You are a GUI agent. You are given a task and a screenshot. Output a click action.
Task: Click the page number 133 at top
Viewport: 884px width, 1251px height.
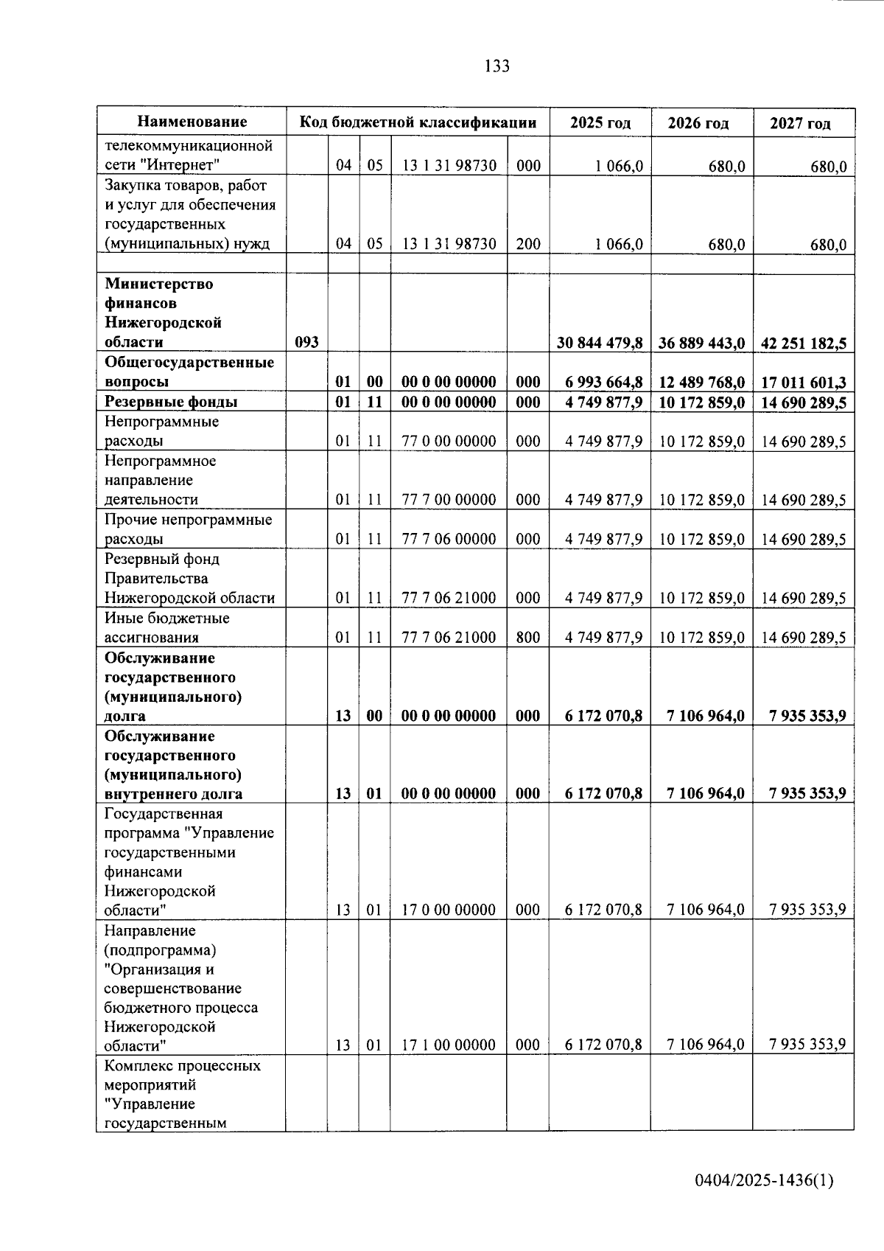pyautogui.click(x=497, y=66)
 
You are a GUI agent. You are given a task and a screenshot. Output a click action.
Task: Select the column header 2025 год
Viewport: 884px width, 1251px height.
pyautogui.click(x=600, y=122)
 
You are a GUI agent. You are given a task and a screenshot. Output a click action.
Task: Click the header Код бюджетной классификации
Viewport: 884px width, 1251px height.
pyautogui.click(x=418, y=122)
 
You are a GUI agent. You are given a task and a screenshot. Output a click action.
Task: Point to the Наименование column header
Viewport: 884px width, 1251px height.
pyautogui.click(x=192, y=122)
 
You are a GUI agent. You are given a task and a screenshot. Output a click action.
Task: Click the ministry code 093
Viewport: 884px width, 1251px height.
pyautogui.click(x=306, y=342)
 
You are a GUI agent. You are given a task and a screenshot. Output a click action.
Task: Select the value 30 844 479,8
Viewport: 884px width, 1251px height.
pyautogui.click(x=600, y=343)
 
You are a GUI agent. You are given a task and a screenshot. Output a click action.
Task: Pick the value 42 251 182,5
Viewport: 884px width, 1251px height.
pyautogui.click(x=804, y=343)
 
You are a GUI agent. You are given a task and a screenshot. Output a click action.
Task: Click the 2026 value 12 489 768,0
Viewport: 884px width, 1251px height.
pyautogui.click(x=702, y=382)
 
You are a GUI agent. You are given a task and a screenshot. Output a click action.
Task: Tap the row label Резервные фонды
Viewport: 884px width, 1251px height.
pyautogui.click(x=171, y=402)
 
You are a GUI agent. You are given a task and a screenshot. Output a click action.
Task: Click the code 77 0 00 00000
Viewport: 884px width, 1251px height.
pyautogui.click(x=449, y=441)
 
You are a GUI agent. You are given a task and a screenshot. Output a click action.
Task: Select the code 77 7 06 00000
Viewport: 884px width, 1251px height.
pyautogui.click(x=449, y=539)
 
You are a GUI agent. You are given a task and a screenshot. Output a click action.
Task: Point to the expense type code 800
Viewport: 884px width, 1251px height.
pyautogui.click(x=528, y=637)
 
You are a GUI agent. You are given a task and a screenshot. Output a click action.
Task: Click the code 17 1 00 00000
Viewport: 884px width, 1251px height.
pyautogui.click(x=449, y=1045)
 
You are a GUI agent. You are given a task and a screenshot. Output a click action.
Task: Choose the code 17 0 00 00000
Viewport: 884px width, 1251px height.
pyautogui.click(x=449, y=910)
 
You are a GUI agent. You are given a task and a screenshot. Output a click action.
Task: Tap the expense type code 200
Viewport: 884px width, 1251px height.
pyautogui.click(x=528, y=244)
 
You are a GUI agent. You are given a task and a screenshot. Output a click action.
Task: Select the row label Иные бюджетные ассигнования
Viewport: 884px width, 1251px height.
pyautogui.click(x=166, y=627)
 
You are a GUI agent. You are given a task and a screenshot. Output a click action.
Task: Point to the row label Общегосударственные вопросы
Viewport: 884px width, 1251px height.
pyautogui.click(x=189, y=372)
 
